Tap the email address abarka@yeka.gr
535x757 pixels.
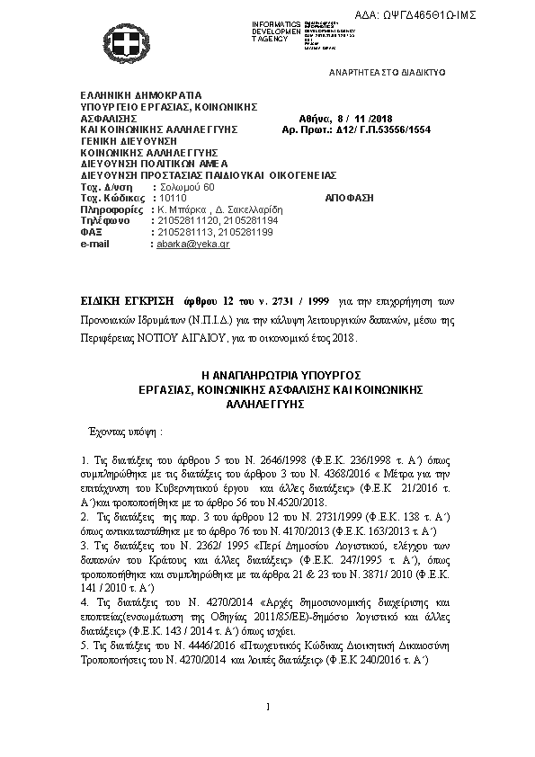192,244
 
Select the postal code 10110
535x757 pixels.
170,197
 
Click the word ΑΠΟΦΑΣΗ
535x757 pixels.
347,197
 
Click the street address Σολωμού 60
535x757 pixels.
185,186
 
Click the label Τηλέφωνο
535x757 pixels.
105,220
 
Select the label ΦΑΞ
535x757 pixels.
89,231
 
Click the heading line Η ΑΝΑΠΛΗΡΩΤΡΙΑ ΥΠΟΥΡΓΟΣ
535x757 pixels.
267,374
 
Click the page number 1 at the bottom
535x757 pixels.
268,708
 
